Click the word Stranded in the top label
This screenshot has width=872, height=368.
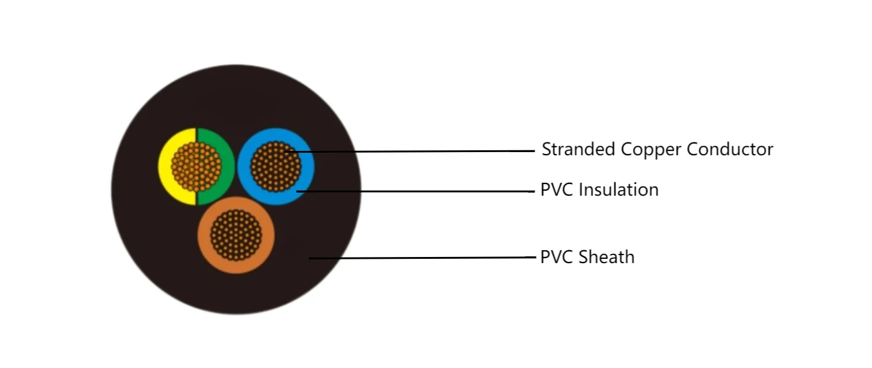tap(579, 149)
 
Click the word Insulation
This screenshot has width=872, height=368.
tap(619, 190)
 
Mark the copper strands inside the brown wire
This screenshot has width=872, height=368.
tap(236, 235)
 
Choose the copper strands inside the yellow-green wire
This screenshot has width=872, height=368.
tap(196, 166)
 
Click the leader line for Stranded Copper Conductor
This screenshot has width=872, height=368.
tap(429, 151)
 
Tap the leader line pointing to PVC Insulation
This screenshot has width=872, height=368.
tap(429, 191)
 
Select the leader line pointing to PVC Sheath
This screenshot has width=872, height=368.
tap(429, 258)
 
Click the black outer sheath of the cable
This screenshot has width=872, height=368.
tap(147, 245)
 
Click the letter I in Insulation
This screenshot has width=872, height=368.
tap(581, 190)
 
